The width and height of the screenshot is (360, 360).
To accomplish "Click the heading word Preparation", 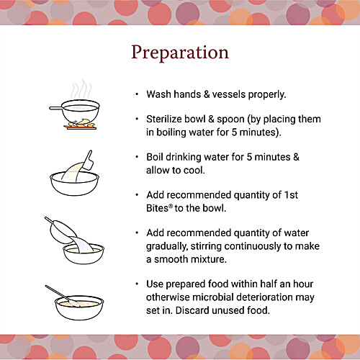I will [x=179, y=53].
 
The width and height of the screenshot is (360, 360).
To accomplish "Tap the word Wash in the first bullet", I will [x=159, y=94].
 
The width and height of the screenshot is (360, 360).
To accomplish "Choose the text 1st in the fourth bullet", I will [x=312, y=194].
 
